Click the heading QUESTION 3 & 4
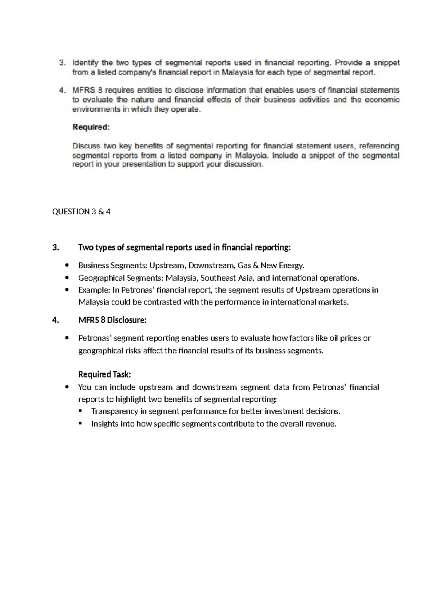81,212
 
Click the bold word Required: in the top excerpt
90,127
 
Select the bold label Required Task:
104,375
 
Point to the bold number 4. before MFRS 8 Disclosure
55,320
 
